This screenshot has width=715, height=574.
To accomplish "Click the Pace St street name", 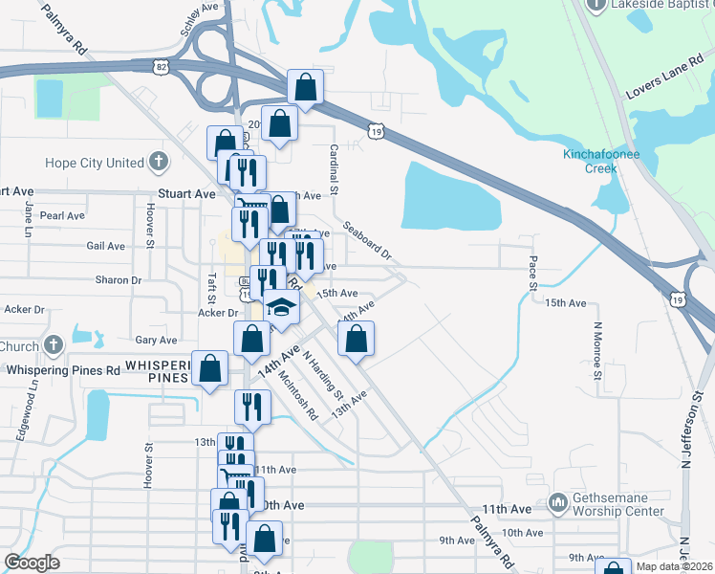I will [x=532, y=274].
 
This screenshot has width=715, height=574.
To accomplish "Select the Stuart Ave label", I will [x=185, y=193].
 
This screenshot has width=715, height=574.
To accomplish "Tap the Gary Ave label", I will [x=156, y=340].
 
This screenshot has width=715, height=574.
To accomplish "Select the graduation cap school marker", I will [x=281, y=306].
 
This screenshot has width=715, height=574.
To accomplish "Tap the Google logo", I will [x=32, y=563].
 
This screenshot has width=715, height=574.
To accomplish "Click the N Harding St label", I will [x=323, y=372].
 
